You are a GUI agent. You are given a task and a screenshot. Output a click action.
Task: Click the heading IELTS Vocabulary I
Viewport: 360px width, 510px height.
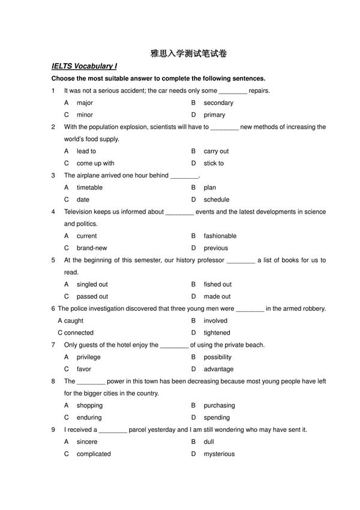(84, 67)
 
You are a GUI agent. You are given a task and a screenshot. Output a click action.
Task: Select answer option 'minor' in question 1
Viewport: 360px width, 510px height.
(85, 115)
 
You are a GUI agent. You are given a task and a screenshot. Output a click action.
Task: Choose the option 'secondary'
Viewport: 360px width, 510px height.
(218, 103)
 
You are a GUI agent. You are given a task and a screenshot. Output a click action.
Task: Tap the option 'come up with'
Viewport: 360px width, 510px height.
(95, 163)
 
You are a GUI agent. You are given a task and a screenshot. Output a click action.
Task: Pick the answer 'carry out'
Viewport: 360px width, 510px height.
(216, 151)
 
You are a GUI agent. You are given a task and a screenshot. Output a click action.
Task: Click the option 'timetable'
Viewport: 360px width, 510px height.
(89, 187)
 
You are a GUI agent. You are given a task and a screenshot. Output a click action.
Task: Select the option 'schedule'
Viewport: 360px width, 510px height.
(217, 199)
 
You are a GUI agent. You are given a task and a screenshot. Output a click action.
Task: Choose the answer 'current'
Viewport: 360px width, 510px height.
(86, 236)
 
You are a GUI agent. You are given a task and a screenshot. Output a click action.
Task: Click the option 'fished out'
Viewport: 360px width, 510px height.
(217, 284)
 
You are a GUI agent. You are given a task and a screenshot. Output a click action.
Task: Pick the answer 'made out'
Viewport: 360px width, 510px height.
(217, 296)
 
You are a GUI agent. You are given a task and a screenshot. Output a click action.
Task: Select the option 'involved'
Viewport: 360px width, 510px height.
(215, 320)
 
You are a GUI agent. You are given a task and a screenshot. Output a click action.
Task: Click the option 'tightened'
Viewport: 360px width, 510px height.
(217, 332)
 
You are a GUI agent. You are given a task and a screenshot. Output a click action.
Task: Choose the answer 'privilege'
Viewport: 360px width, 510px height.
(89, 357)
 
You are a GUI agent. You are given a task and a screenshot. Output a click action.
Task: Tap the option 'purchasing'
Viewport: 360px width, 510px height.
(219, 406)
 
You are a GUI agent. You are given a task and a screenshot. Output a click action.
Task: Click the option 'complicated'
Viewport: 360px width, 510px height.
(94, 454)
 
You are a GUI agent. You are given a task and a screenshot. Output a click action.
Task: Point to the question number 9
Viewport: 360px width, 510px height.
(53, 430)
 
